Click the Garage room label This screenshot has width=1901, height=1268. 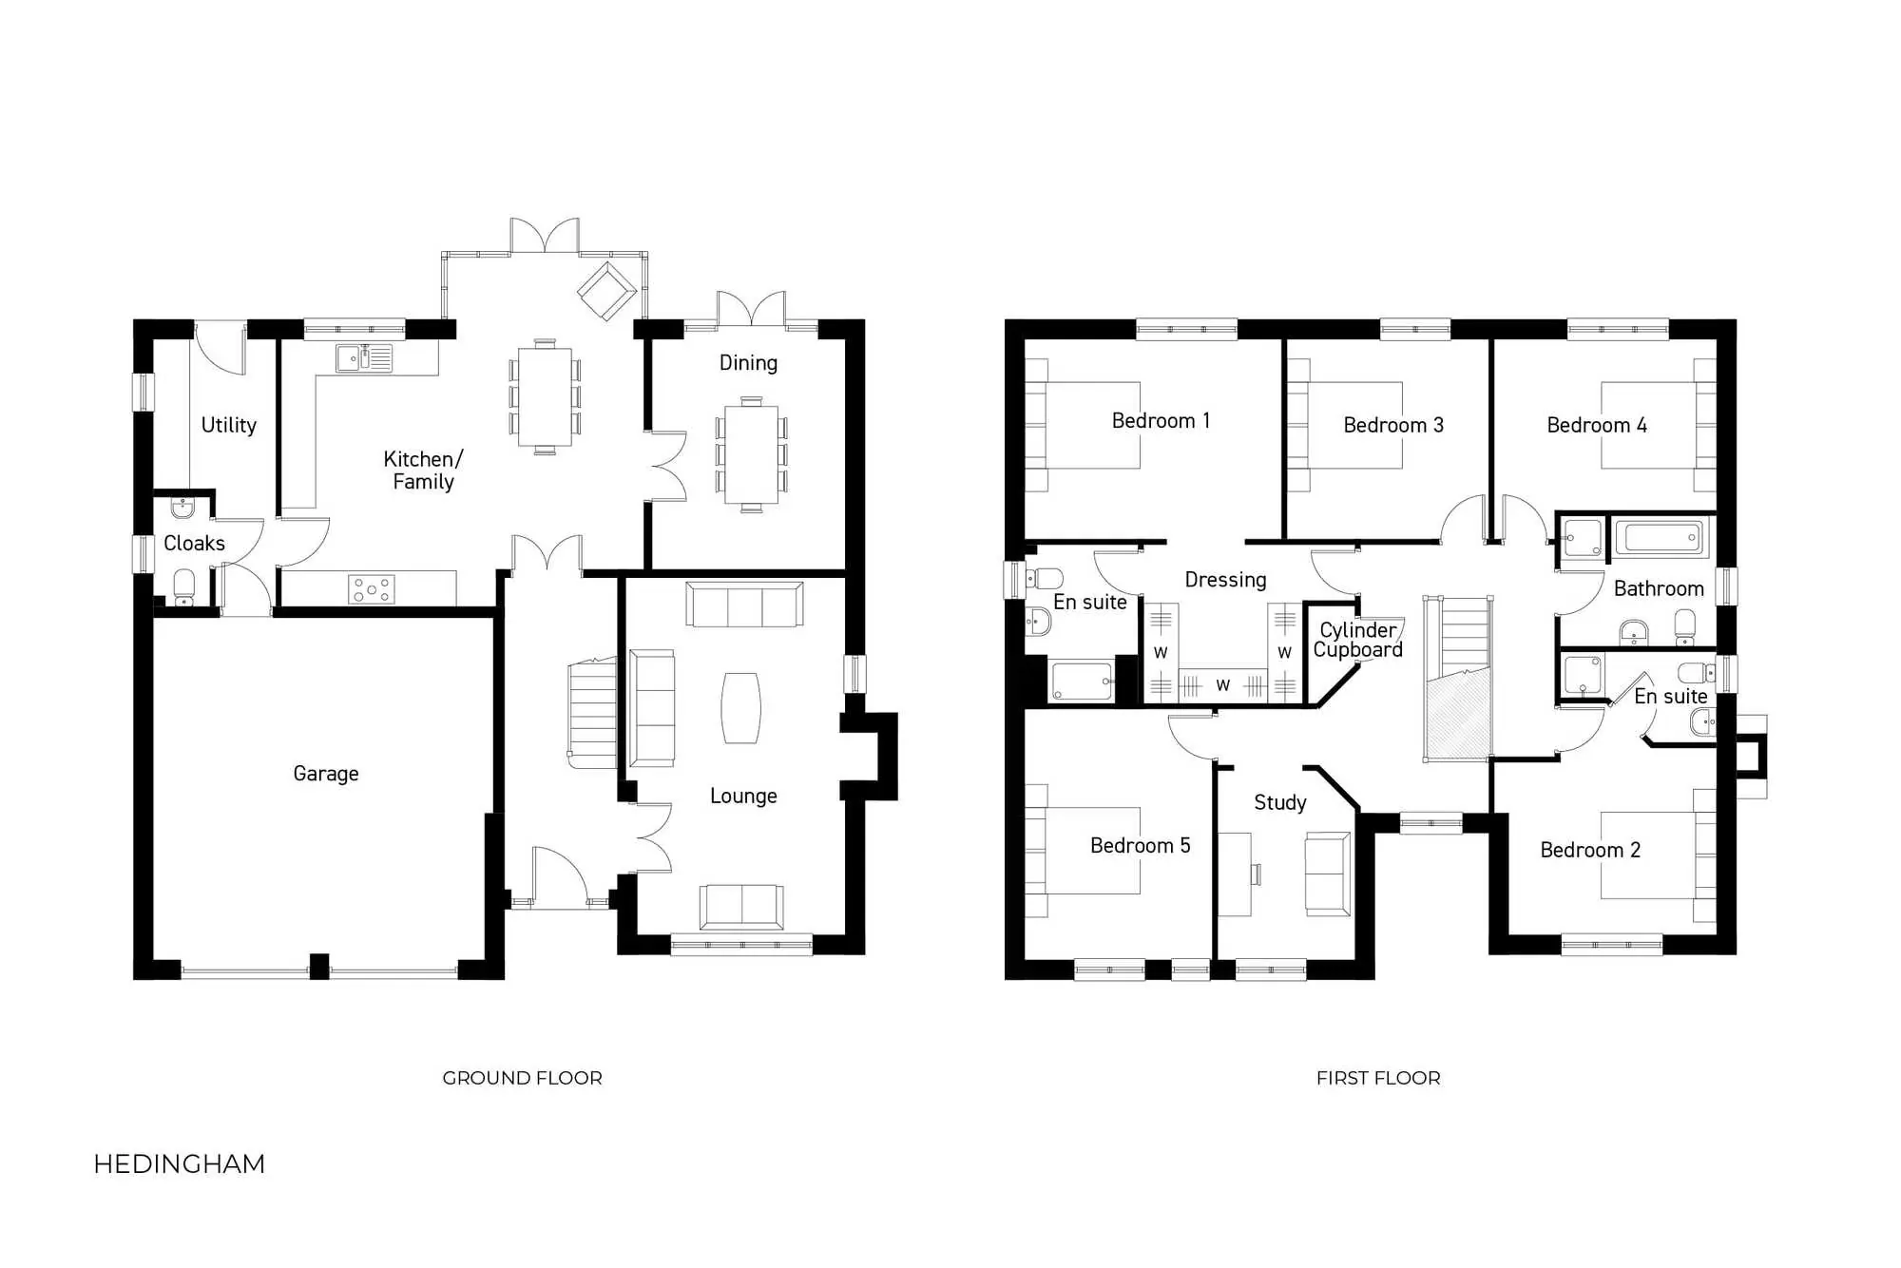coord(326,774)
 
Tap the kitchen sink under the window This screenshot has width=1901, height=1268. coord(364,358)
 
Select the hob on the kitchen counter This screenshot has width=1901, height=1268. coord(372,589)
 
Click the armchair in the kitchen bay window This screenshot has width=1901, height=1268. coord(606,290)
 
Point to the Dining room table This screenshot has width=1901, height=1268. coord(751,454)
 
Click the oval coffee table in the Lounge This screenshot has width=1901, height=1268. coord(740,708)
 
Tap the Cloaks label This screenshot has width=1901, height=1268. coord(194,544)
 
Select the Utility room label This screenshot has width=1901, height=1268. coord(229,425)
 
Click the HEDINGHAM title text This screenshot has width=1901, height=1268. coord(180,1164)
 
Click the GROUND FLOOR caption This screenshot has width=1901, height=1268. coord(522,1078)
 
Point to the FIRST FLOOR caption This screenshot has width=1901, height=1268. coord(1378,1078)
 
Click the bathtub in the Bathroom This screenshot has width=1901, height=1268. coord(1661,538)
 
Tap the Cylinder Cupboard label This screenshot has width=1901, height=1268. coord(1357,640)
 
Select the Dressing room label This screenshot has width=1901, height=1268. coord(1225,580)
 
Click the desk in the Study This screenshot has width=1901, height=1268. coord(1236,874)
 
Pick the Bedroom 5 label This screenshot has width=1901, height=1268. coord(1140,846)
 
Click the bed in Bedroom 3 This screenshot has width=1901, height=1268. coord(1354,425)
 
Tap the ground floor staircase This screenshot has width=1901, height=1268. coord(592,713)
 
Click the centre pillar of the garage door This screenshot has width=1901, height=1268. coord(319,966)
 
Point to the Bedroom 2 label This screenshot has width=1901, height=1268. coord(1590,851)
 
